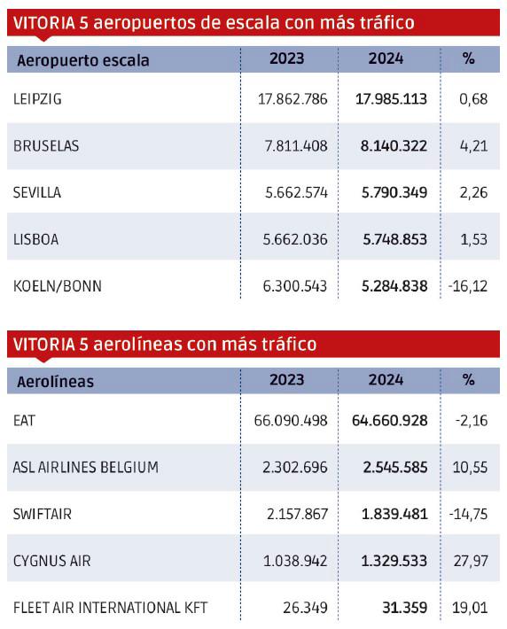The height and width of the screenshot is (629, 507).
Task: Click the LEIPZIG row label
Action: click(x=37, y=99)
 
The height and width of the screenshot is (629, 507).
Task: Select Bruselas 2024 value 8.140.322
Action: click(x=394, y=145)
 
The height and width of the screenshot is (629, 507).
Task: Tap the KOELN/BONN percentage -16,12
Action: click(x=468, y=286)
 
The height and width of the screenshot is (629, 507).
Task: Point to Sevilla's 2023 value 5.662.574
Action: click(x=296, y=192)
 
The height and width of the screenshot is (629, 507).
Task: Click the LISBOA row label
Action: click(x=35, y=239)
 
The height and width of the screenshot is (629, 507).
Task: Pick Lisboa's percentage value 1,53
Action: click(x=474, y=239)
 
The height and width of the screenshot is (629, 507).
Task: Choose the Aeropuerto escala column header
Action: click(x=83, y=60)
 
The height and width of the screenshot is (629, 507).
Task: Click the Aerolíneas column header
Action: click(x=55, y=382)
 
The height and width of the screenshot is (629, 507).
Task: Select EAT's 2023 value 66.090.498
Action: click(x=291, y=421)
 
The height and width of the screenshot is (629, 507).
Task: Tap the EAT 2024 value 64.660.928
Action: click(x=389, y=421)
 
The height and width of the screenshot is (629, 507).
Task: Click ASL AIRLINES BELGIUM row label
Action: click(x=86, y=468)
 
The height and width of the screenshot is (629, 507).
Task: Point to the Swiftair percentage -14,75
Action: click(x=468, y=514)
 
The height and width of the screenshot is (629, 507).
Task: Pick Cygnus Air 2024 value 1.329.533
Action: click(x=394, y=561)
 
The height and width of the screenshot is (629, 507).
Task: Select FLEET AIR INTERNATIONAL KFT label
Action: click(x=111, y=608)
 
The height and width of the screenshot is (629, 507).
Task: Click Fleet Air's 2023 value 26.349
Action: click(x=305, y=608)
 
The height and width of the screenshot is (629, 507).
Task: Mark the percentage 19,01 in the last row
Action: click(x=470, y=608)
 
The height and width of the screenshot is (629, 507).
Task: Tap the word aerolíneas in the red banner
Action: click(x=137, y=345)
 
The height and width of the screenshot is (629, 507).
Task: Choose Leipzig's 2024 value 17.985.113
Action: click(x=391, y=99)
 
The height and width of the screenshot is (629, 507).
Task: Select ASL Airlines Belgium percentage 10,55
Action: click(x=470, y=468)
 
